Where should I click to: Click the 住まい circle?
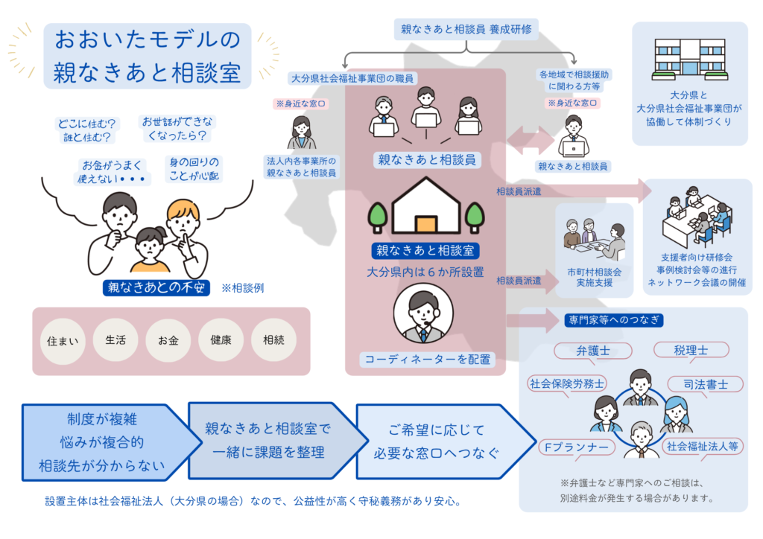pos(63,342)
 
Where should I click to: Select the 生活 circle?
pos(115,341)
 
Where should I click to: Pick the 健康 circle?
pos(221,341)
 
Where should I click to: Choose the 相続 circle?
pos(273,341)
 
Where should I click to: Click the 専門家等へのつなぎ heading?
pos(615,321)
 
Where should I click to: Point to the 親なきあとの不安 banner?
pos(156,287)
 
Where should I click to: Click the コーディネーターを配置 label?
pos(427,360)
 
